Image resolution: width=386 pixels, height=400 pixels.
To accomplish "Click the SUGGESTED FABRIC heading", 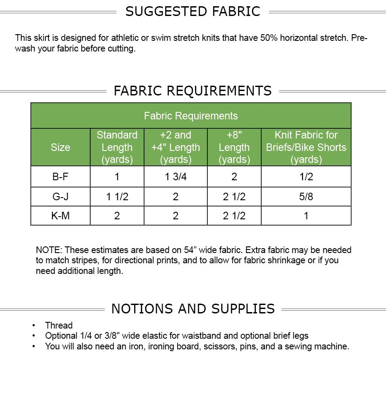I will [193, 12].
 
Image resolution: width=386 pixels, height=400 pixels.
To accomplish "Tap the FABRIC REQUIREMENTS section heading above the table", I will [193, 91].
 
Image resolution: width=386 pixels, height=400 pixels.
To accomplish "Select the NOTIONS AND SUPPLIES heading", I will [193, 309].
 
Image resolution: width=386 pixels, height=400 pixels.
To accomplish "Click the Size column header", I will [60, 147].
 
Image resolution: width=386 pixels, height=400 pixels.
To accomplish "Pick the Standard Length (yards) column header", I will [117, 147].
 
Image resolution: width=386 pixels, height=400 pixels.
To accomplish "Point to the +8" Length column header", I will [234, 147].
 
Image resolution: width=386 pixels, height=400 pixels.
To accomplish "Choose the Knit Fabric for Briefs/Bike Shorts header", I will [306, 147].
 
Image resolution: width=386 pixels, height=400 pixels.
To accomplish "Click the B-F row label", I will [60, 177].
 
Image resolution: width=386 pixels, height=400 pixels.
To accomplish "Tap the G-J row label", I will [60, 197].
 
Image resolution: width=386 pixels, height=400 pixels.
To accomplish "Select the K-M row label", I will [60, 216].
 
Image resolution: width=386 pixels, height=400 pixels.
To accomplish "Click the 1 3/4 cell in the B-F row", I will [175, 177].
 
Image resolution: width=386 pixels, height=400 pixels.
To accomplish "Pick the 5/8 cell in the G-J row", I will [306, 197].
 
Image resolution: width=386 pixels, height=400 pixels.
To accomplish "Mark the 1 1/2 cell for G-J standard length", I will [117, 197].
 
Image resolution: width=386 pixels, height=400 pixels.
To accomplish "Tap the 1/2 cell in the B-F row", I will [306, 177].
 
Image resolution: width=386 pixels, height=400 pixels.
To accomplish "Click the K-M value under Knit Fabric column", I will [306, 216].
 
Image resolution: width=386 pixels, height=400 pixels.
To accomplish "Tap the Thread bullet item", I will [59, 325].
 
